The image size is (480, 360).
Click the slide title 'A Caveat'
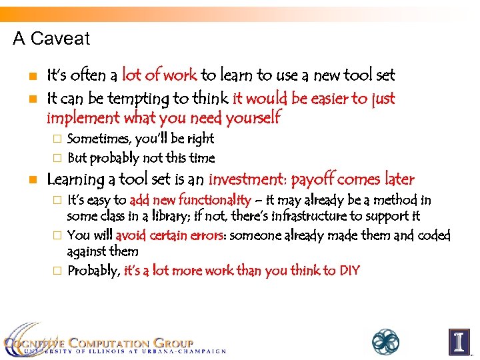51,39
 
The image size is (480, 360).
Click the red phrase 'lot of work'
159,76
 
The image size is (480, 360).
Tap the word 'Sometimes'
99,139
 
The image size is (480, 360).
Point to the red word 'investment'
247,179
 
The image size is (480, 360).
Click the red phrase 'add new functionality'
190,200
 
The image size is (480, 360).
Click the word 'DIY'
349,271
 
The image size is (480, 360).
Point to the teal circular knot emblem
385,341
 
